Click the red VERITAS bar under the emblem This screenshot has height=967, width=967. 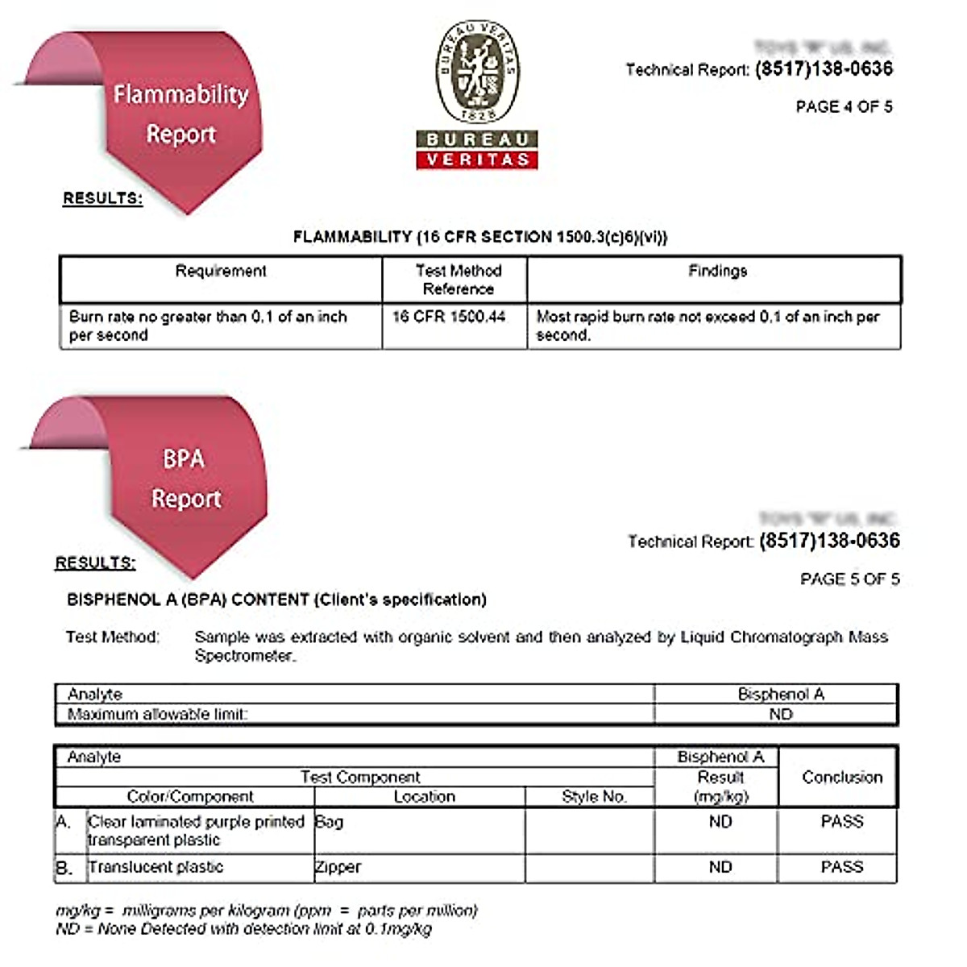pyautogui.click(x=477, y=160)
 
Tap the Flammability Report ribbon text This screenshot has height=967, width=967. pyautogui.click(x=181, y=114)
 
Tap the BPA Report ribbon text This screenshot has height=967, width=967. pyautogui.click(x=185, y=479)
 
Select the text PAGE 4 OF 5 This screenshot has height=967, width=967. pyautogui.click(x=844, y=107)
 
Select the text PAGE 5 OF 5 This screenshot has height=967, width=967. pyautogui.click(x=849, y=579)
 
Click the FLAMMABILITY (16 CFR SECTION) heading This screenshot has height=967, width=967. pyautogui.click(x=480, y=237)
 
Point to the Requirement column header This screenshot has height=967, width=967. pyautogui.click(x=221, y=272)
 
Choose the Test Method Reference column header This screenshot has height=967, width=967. pyautogui.click(x=458, y=280)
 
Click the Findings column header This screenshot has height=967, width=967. pyautogui.click(x=717, y=272)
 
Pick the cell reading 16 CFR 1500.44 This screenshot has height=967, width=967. pyautogui.click(x=449, y=317)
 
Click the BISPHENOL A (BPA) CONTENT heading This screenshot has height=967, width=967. pyautogui.click(x=276, y=600)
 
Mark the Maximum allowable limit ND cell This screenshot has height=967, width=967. pyautogui.click(x=780, y=715)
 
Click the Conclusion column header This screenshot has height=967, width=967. pyautogui.click(x=842, y=778)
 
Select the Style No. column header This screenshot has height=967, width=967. pyautogui.click(x=594, y=797)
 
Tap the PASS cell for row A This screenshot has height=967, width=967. pyautogui.click(x=842, y=822)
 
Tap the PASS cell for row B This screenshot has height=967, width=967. pyautogui.click(x=842, y=867)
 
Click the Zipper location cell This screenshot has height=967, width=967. pyautogui.click(x=338, y=867)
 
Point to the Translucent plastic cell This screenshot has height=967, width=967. pyautogui.click(x=156, y=867)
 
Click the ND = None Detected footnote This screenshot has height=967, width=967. pyautogui.click(x=243, y=929)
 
